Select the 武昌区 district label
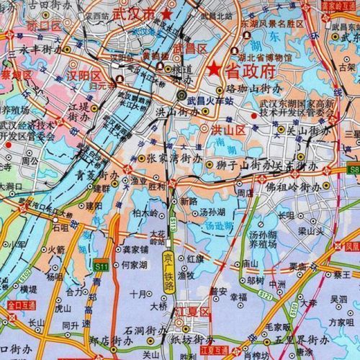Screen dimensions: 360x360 click(x=190, y=48)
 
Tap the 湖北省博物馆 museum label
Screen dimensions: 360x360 click(x=269, y=58)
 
